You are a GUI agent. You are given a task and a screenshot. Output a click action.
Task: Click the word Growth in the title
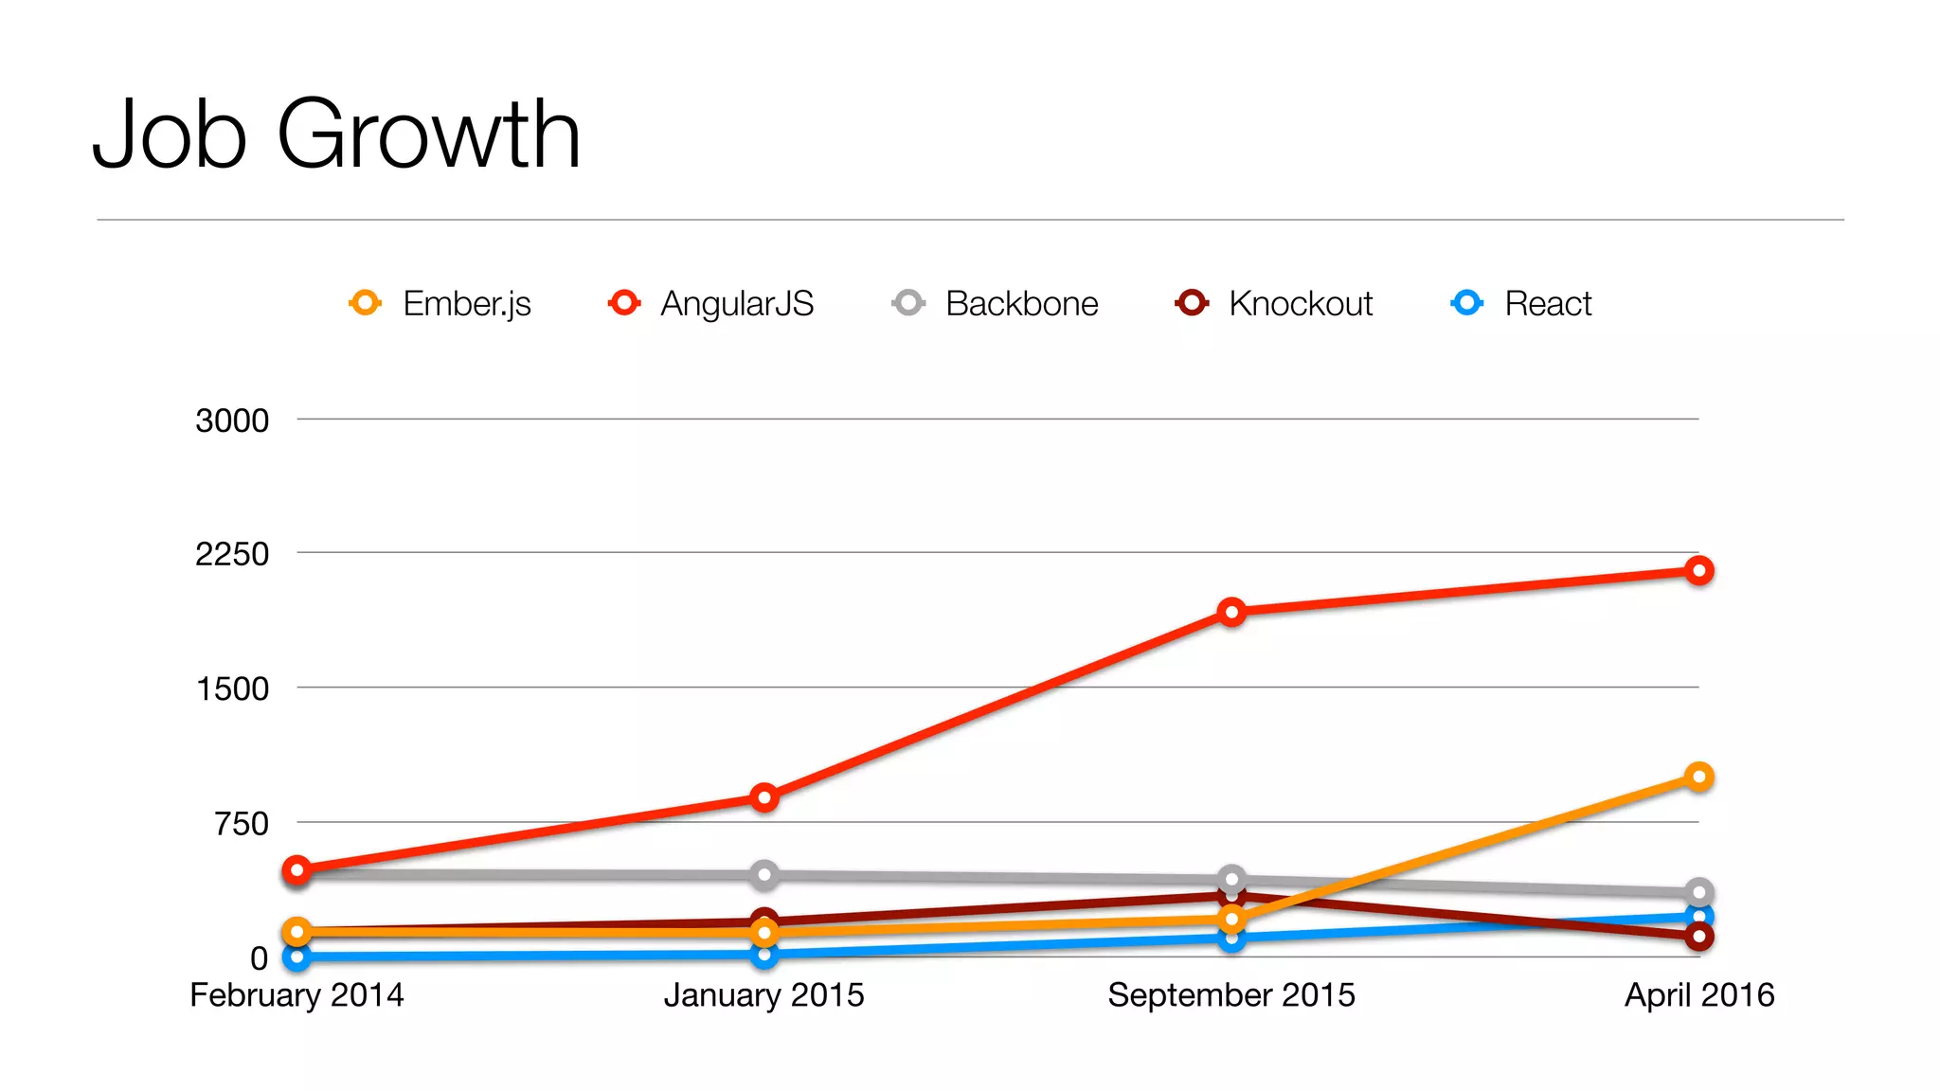pyautogui.click(x=428, y=134)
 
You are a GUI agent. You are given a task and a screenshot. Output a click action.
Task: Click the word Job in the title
pyautogui.click(x=171, y=134)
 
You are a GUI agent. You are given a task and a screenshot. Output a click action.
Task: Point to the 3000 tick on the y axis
pyautogui.click(x=232, y=420)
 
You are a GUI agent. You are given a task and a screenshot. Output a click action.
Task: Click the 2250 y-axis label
pyautogui.click(x=232, y=554)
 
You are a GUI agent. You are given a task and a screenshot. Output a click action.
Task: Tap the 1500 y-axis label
pyautogui.click(x=232, y=689)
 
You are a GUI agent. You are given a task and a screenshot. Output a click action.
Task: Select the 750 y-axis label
pyautogui.click(x=242, y=824)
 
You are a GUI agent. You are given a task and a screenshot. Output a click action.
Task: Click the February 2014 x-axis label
pyautogui.click(x=296, y=995)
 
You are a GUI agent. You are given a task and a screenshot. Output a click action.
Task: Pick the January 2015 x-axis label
pyautogui.click(x=763, y=995)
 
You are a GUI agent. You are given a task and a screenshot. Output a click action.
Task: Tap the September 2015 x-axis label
pyautogui.click(x=1230, y=995)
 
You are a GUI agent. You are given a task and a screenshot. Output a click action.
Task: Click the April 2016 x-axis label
pyautogui.click(x=1698, y=995)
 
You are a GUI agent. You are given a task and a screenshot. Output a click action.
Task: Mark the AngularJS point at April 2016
pyautogui.click(x=1698, y=571)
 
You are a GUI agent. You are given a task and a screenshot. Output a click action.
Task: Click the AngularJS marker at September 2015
pyautogui.click(x=1231, y=613)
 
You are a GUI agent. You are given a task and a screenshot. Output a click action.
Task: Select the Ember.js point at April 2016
pyautogui.click(x=1698, y=778)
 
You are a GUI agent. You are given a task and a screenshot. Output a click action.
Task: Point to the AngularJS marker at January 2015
pyautogui.click(x=764, y=797)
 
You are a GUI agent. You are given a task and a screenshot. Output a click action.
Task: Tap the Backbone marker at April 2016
pyautogui.click(x=1698, y=892)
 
